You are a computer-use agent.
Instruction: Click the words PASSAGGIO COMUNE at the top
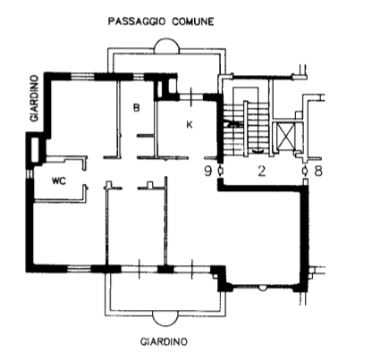(161, 21)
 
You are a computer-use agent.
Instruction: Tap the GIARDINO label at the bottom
(164, 341)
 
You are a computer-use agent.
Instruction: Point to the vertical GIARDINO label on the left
(35, 98)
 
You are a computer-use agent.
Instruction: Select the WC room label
(59, 180)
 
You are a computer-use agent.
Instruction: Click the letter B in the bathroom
(136, 107)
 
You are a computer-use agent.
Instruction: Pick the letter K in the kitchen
(190, 124)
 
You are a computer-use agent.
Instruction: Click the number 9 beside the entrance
(208, 172)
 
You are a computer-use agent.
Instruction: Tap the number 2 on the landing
(261, 172)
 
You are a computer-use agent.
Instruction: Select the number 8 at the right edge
(318, 172)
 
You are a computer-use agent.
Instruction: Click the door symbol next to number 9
(220, 171)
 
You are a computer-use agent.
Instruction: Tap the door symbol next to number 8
(305, 171)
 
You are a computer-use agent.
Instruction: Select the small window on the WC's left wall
(30, 173)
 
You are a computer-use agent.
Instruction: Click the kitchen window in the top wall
(191, 96)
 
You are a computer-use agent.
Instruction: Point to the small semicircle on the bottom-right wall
(263, 289)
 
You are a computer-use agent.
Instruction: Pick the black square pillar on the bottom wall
(165, 269)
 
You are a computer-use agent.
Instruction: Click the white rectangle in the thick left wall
(35, 150)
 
